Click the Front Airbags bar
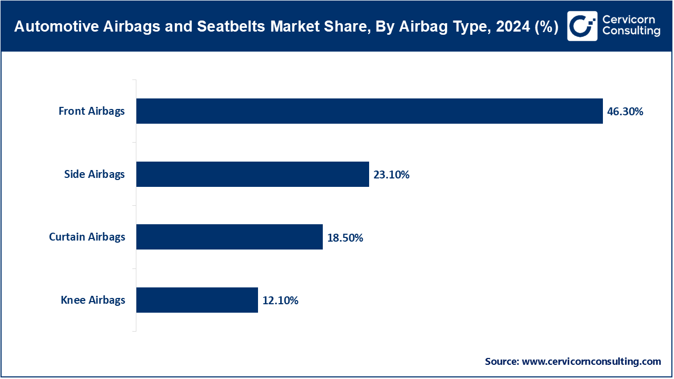[x=369, y=111]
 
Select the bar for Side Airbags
[x=252, y=174]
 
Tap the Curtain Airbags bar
[x=229, y=237]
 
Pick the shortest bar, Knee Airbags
[x=197, y=300]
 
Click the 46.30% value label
[x=625, y=112]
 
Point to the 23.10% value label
[x=391, y=175]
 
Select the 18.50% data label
[x=345, y=238]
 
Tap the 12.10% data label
[x=280, y=301]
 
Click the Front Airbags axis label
[x=92, y=111]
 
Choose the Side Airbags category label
[x=94, y=174]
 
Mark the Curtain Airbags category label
[x=87, y=237]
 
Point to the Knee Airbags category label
[x=93, y=300]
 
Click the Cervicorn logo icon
[x=582, y=26]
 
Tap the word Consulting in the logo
[x=631, y=32]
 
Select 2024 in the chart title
[x=509, y=26]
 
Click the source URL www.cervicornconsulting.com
[x=591, y=362]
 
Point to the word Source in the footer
[x=502, y=362]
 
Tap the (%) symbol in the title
[x=546, y=26]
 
